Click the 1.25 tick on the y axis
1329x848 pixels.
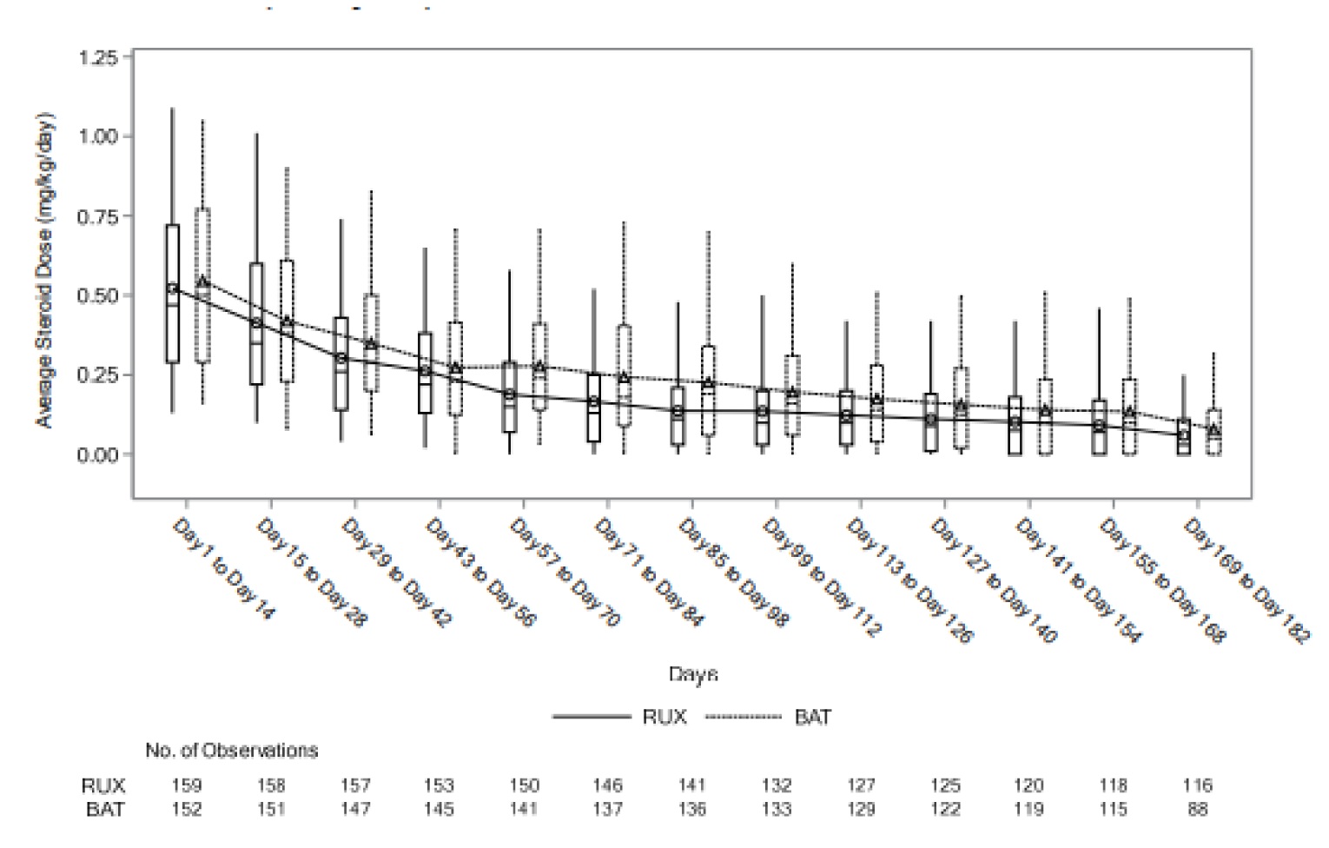click(x=98, y=57)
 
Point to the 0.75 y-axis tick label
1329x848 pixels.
click(x=98, y=216)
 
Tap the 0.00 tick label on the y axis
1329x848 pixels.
click(x=98, y=454)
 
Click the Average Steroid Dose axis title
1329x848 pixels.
click(x=44, y=269)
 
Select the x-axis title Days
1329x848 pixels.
click(x=692, y=673)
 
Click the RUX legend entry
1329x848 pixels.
click(x=664, y=717)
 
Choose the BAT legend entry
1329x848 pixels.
click(x=812, y=717)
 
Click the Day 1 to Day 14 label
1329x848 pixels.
click(x=223, y=569)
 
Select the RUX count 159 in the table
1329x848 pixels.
click(x=187, y=785)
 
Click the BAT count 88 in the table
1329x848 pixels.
click(x=1197, y=809)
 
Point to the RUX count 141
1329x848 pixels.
click(x=692, y=785)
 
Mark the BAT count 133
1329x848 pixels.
click(x=777, y=809)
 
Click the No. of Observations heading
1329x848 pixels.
click(x=232, y=750)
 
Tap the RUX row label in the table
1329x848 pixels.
click(x=103, y=785)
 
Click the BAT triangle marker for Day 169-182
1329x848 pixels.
click(x=1213, y=430)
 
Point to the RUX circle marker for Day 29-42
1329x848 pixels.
click(x=341, y=358)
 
